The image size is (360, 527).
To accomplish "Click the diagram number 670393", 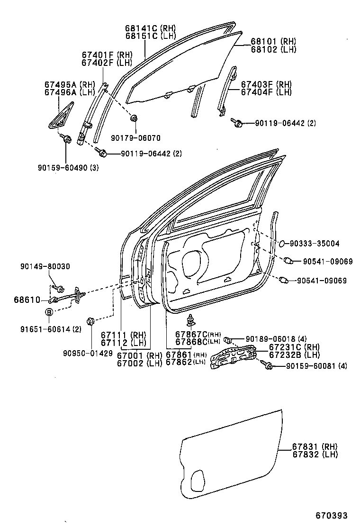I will (x=332, y=515).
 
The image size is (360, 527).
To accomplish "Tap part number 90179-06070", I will (x=136, y=138).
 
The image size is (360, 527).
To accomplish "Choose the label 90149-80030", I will (x=45, y=267).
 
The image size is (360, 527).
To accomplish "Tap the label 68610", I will (x=27, y=300).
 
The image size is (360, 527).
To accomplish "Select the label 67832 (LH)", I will (x=315, y=454).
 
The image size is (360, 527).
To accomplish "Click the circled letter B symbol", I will (x=49, y=312).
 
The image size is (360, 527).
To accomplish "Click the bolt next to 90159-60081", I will (x=269, y=365).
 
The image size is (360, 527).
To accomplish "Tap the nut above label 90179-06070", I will (x=135, y=118).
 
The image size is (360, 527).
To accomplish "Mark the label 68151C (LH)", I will (x=144, y=36).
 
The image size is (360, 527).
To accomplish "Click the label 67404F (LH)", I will (x=266, y=92).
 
